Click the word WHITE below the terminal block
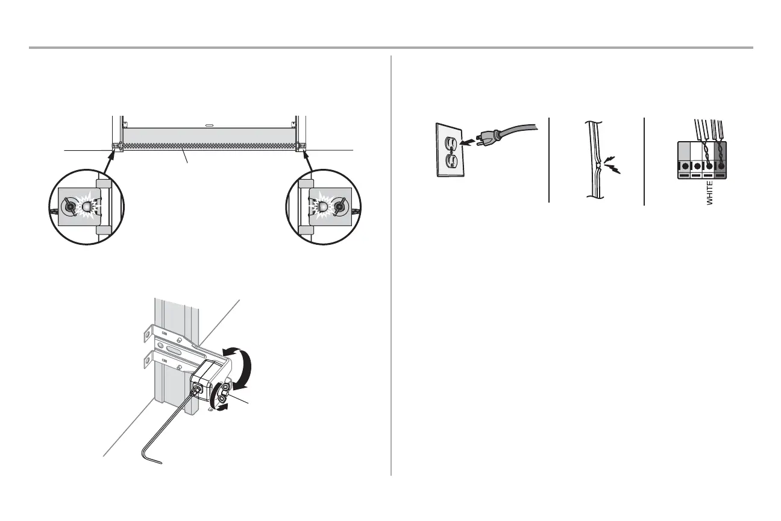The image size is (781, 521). pyautogui.click(x=710, y=192)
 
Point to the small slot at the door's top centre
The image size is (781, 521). pyautogui.click(x=209, y=126)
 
